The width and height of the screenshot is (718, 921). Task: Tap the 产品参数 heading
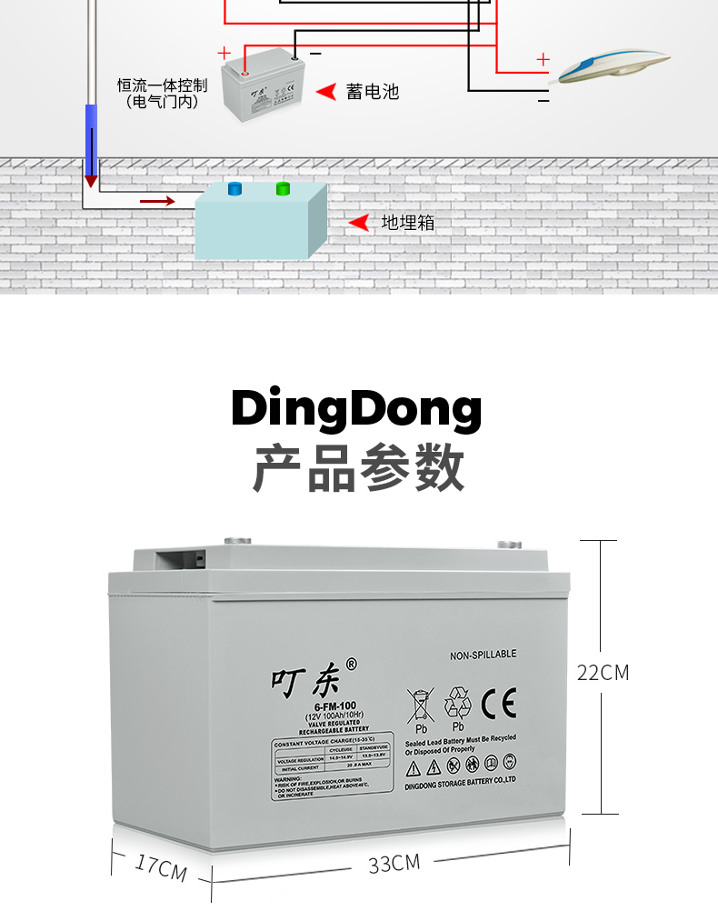[358, 468]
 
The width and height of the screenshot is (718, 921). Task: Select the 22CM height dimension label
[603, 673]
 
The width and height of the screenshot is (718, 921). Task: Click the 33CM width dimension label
[394, 863]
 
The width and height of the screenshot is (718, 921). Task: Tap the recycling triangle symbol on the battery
[457, 704]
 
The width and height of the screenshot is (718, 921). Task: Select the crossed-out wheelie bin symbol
[421, 706]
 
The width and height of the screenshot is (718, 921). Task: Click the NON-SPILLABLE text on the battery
[483, 654]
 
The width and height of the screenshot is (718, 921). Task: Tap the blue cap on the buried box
[234, 188]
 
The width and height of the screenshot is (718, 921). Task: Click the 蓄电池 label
[372, 92]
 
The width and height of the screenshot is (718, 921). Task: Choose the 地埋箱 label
[408, 223]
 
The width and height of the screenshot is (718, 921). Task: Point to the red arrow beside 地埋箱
[359, 223]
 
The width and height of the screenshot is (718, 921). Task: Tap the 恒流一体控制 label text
[163, 85]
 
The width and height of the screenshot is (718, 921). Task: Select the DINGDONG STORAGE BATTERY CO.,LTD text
[461, 779]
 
